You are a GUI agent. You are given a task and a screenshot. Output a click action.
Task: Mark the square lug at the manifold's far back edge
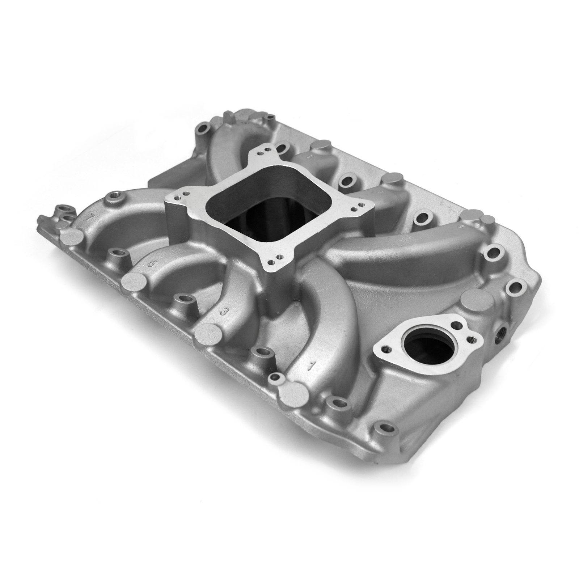coord(232,118)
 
